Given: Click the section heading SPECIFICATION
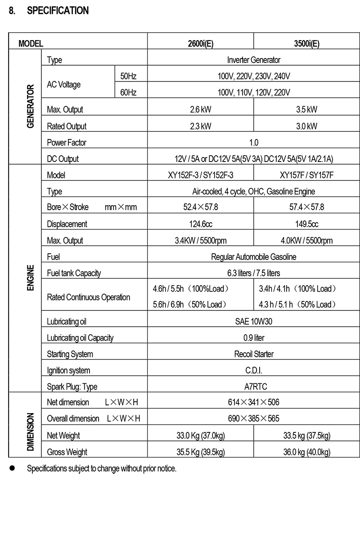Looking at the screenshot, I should pos(58,10).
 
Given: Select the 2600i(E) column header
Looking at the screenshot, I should pos(200,44).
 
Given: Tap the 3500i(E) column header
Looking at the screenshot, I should pos(306,44).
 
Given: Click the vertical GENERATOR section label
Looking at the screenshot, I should pos(31,106).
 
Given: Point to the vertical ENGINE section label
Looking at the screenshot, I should pos(31,278).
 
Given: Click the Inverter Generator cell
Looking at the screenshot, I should pos(253,60).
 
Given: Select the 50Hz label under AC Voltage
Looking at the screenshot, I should pos(128,76).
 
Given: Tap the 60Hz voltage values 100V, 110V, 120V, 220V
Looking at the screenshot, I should pos(253,93).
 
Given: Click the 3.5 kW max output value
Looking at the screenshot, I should pos(306,109).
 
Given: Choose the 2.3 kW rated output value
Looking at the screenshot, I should pos(200,126).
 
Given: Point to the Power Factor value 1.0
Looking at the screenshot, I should pos(253,143).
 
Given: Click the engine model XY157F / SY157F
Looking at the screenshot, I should pos(306,175).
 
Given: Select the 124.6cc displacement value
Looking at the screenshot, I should pos(200,224).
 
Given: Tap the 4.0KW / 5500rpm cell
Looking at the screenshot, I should pos(306,241).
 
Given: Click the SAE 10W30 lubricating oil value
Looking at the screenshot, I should pos(253,321).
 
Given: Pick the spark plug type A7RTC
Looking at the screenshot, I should pos(253,386).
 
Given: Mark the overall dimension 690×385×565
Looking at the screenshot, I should pos(253,418).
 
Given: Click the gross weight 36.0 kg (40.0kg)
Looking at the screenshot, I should pos(306,452).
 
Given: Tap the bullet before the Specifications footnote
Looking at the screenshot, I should pos(13,468).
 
